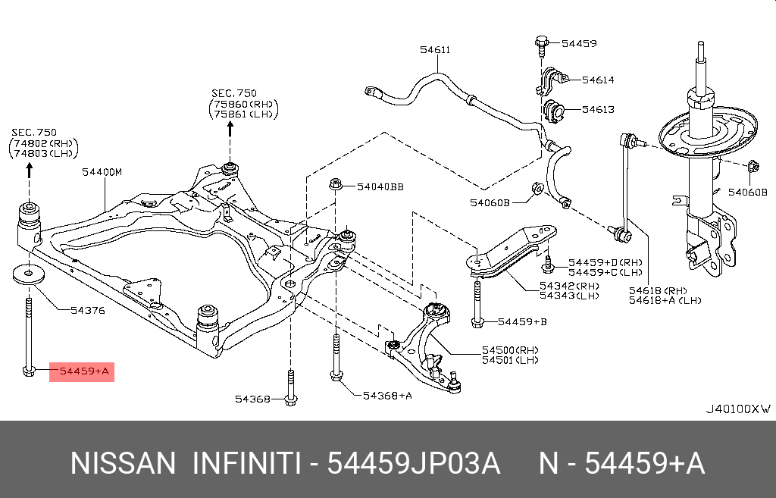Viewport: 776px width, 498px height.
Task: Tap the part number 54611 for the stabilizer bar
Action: (435, 50)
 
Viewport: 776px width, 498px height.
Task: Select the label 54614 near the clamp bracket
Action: (598, 80)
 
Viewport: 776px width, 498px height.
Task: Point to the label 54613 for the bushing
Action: (598, 110)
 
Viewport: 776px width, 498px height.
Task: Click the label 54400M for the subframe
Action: (102, 172)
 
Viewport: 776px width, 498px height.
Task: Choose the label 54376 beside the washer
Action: (87, 310)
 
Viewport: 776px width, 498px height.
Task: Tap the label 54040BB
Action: (380, 186)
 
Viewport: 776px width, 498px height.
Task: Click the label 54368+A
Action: (387, 395)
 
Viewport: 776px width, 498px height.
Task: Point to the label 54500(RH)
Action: (510, 350)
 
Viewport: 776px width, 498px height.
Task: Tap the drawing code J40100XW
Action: (738, 409)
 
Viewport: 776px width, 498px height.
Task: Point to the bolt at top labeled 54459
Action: (542, 44)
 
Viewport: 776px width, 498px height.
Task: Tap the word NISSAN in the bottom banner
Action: (123, 463)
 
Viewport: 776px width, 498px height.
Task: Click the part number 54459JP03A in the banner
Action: (413, 463)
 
